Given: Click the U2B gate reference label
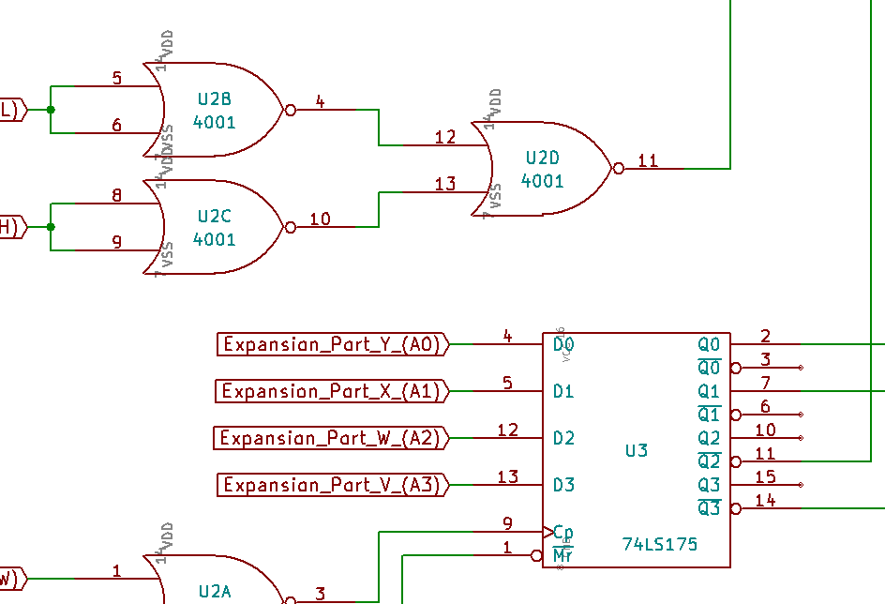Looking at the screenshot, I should (x=215, y=98).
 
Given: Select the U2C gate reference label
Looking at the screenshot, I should (x=215, y=216).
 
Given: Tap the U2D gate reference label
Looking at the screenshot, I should (x=543, y=158).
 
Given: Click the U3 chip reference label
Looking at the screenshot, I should (x=637, y=450).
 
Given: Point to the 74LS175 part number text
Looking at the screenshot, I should (x=660, y=544).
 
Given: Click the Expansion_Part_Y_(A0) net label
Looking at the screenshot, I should (x=333, y=344).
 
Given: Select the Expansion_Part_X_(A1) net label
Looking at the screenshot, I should (x=333, y=391).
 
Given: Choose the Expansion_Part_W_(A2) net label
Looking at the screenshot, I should (x=333, y=438).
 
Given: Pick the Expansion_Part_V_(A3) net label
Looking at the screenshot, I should (x=333, y=485).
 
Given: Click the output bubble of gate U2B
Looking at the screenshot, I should (x=291, y=110).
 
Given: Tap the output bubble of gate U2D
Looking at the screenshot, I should (x=619, y=169).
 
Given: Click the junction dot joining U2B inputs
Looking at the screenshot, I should (x=51, y=110).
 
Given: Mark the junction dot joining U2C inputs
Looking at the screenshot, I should (x=51, y=227).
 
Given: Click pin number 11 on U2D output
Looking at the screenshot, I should (x=648, y=159).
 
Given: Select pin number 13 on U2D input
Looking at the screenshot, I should (x=445, y=183).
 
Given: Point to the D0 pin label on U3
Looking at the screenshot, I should (x=563, y=345).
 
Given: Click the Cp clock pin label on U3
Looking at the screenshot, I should (x=563, y=532).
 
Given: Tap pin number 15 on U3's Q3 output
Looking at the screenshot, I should (x=765, y=476).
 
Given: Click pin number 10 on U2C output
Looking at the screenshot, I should (x=320, y=219).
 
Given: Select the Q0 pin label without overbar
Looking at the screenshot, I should (x=709, y=344).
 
